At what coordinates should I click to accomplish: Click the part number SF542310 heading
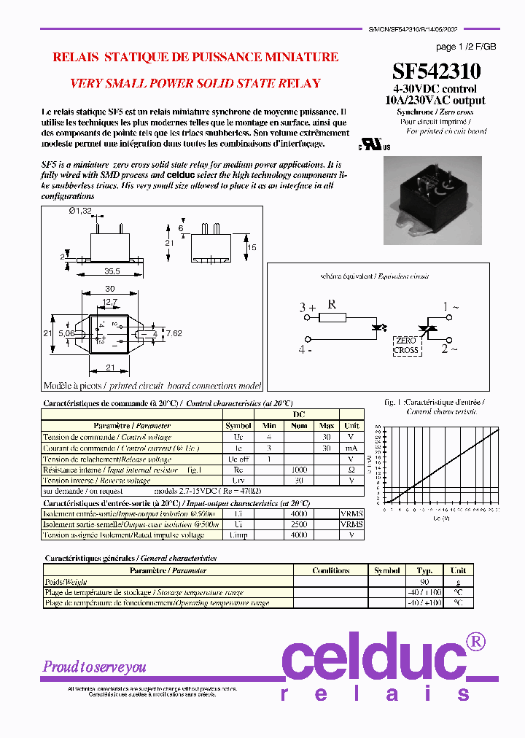[436, 71]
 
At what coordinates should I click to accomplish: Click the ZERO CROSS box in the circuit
[406, 345]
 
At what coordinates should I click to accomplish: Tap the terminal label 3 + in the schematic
[307, 308]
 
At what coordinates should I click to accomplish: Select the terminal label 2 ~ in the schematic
[450, 349]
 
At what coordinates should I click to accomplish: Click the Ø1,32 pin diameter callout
[82, 211]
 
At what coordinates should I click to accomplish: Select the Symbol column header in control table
[238, 425]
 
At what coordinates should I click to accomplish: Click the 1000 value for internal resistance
[299, 470]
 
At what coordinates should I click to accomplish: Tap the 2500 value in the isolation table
[299, 524]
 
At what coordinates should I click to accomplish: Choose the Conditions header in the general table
[330, 571]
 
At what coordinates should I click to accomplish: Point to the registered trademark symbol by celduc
[475, 642]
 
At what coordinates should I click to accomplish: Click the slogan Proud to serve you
[94, 667]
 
